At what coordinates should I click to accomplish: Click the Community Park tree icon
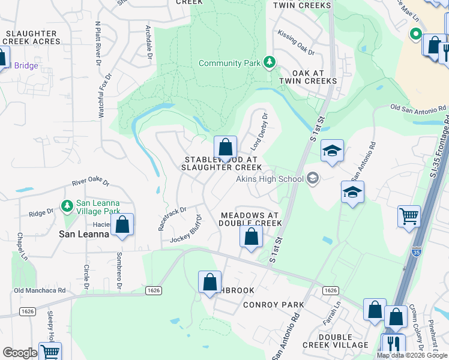pos(270,62)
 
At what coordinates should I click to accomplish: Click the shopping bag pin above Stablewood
pos(225,148)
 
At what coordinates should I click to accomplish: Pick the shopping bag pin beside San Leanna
pos(122,225)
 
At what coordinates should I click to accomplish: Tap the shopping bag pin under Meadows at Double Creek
pos(251,236)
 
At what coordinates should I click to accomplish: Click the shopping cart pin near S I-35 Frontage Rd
pos(409,215)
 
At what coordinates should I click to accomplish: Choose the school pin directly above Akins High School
pos(331,151)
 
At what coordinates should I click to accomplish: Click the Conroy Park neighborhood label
pos(273,305)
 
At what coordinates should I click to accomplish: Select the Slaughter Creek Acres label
pos(32,38)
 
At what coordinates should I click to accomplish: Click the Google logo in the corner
pos(20,353)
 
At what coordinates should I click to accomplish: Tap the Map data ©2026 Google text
pos(411,355)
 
